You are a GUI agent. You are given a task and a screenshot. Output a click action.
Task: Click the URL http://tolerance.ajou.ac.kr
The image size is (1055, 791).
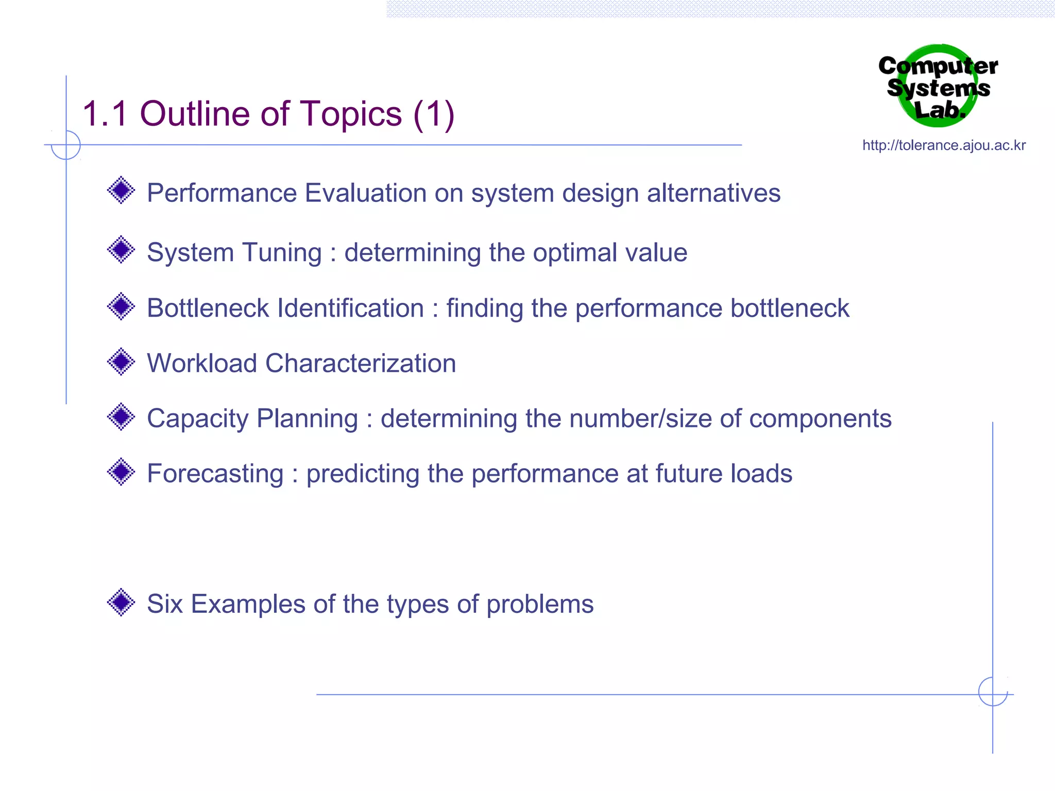pos(944,145)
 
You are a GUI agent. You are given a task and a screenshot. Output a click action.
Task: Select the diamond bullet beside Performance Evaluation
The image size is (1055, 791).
pos(121,191)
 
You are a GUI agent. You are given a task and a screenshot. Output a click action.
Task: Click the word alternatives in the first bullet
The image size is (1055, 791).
pos(713,193)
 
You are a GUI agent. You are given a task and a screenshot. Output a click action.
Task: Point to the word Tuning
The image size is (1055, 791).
pos(282,253)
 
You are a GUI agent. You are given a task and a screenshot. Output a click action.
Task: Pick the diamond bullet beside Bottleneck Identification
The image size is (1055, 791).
pos(121,306)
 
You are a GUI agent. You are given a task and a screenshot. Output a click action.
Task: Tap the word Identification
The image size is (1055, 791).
pos(350,308)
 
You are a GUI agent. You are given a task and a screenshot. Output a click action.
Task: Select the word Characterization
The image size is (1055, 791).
pos(361,363)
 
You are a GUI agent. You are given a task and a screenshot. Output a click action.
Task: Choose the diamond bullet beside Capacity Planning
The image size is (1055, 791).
pos(121,417)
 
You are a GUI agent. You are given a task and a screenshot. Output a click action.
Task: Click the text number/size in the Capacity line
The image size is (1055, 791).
pos(640,418)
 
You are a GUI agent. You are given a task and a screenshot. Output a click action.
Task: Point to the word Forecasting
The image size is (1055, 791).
pos(215,473)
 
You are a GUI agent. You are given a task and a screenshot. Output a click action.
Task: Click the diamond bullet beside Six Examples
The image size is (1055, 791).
pos(121,602)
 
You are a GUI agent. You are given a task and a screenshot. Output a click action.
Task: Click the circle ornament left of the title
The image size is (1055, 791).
pos(66,145)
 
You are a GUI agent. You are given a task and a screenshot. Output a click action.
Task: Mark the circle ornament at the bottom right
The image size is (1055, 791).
pos(993,692)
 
